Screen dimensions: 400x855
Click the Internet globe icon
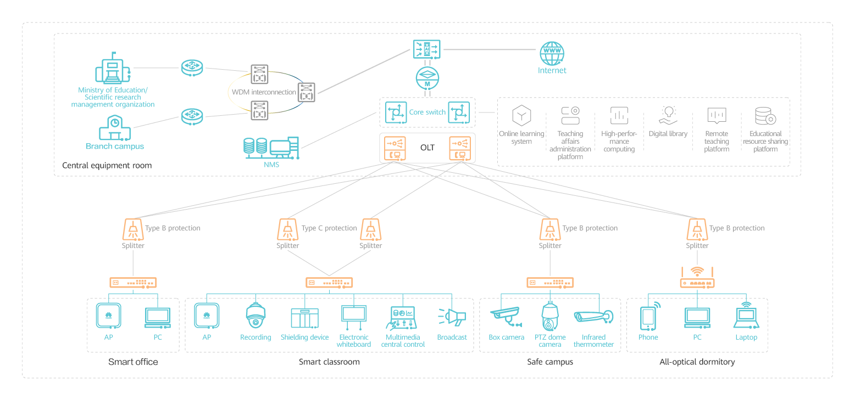point(551,53)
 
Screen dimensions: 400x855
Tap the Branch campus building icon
point(115,128)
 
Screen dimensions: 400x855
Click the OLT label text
point(427,148)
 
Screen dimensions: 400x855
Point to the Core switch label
point(427,112)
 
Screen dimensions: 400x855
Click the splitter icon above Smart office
point(133,229)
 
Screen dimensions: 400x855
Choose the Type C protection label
point(329,228)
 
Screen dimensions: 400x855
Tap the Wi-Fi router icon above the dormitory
point(697,278)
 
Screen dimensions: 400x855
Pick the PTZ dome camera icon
point(550,317)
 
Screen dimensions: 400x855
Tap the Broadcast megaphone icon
point(452,317)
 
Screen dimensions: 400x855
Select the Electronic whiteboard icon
point(353,314)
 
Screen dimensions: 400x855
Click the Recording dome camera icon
point(256,317)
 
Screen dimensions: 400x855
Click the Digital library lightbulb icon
point(668,115)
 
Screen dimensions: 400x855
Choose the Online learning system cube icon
point(521,115)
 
